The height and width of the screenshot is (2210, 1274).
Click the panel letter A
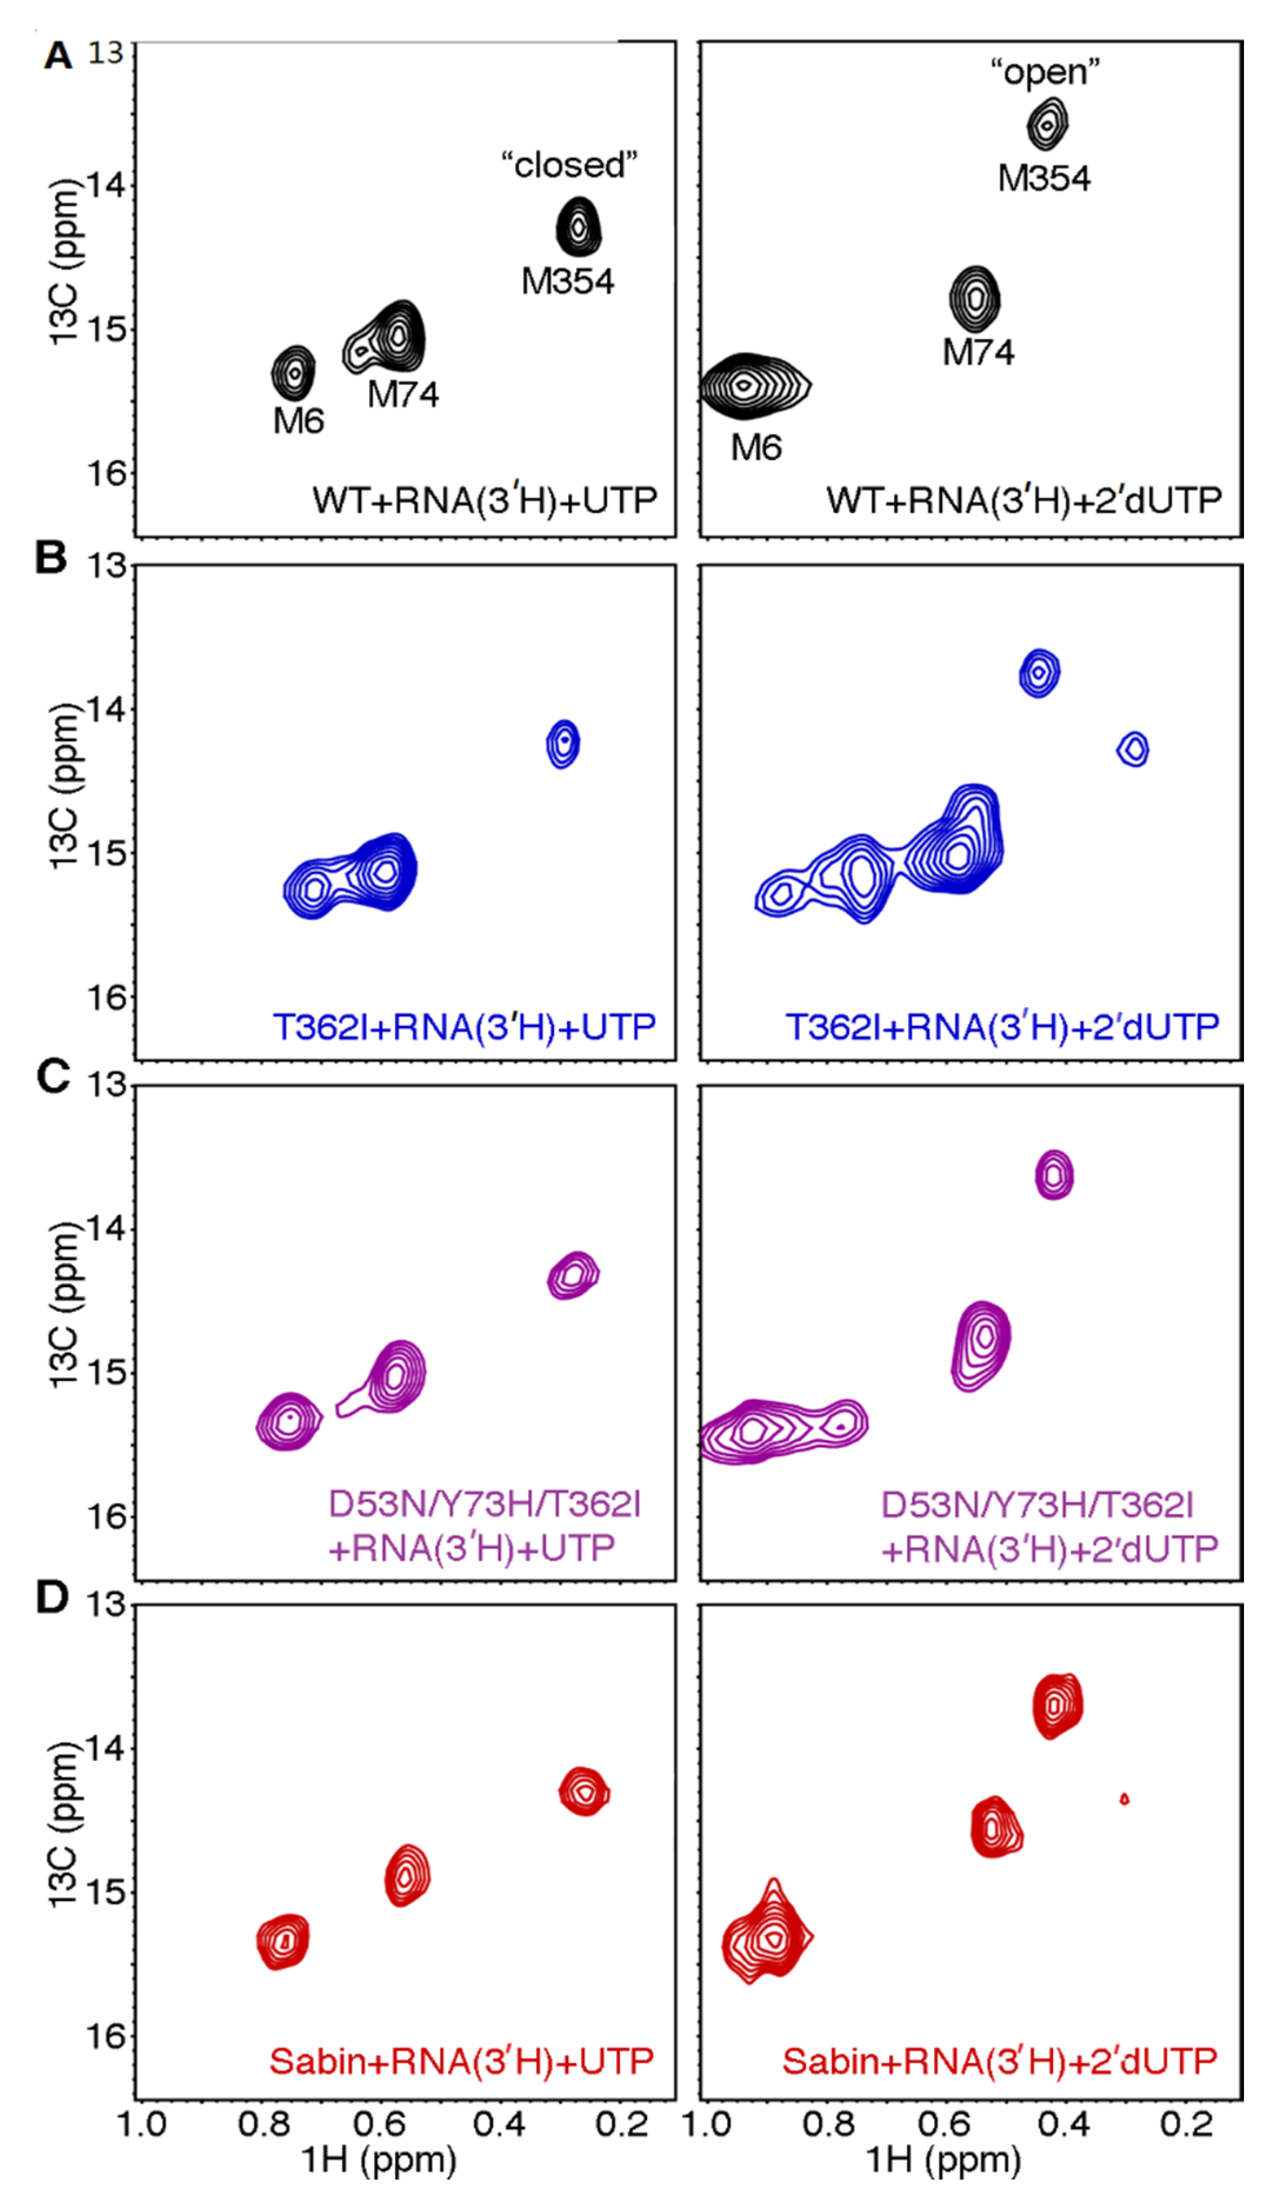(x=58, y=56)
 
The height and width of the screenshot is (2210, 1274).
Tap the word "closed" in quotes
(x=569, y=165)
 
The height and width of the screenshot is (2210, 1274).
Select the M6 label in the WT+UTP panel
(x=298, y=422)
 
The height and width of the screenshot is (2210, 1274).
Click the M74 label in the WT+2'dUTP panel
(x=978, y=352)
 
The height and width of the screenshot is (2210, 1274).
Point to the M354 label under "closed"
(x=568, y=282)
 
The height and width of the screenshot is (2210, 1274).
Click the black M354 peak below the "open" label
(x=1046, y=125)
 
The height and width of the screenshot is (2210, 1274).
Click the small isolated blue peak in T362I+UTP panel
(x=563, y=743)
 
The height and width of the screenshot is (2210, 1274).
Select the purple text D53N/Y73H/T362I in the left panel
(x=485, y=1504)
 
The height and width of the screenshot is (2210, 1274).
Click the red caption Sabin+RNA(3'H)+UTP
(x=461, y=2061)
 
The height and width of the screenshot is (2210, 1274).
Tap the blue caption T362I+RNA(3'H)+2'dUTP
(x=1002, y=1027)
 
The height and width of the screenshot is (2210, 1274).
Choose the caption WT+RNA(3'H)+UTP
(x=485, y=501)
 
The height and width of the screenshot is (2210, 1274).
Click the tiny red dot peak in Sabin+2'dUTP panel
(x=1125, y=1799)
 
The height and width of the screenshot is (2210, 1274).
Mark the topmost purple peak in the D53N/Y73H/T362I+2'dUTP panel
(x=1053, y=1175)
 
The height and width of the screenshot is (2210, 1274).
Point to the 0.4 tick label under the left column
(x=499, y=2122)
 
